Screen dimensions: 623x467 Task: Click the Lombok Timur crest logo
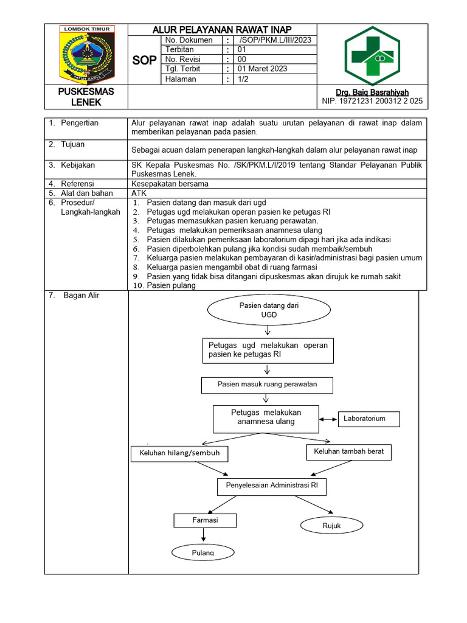tap(85, 54)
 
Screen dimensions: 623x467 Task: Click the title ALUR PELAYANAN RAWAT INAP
tap(222, 29)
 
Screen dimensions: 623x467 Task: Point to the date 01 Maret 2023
tap(262, 69)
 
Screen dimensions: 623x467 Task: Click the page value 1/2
tap(243, 78)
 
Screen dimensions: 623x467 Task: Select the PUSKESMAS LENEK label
tap(86, 96)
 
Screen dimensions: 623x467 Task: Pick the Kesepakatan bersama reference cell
tap(170, 184)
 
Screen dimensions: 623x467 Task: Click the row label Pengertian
tap(79, 123)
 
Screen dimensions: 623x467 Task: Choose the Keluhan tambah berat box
tap(348, 451)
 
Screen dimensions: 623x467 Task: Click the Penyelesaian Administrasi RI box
tap(271, 486)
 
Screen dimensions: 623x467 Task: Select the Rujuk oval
tap(331, 526)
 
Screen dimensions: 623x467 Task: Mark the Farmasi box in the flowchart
tap(205, 521)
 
